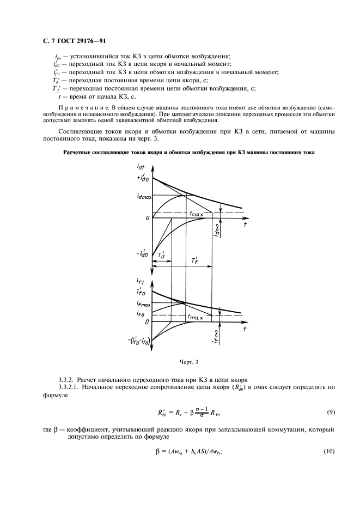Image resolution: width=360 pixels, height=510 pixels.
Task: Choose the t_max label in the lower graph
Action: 195,316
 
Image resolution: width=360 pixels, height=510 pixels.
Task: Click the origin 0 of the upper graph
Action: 147,218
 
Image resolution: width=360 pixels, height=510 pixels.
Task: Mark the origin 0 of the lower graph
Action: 147,323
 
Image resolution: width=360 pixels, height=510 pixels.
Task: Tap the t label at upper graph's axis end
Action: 245,224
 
